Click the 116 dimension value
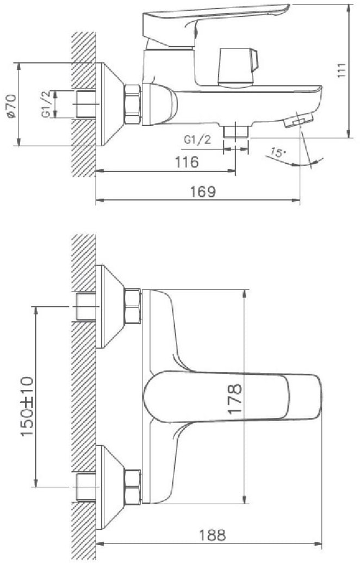click(x=187, y=162)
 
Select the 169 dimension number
click(x=203, y=191)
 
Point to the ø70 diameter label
click(x=11, y=106)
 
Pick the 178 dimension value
click(x=235, y=399)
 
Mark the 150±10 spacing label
click(x=27, y=406)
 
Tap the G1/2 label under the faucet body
click(x=197, y=140)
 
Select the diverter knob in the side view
click(x=239, y=67)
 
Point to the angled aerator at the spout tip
click(x=299, y=120)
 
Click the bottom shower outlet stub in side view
click(x=236, y=131)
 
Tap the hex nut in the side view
click(x=133, y=104)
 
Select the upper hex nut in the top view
click(x=133, y=306)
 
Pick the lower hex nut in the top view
click(x=133, y=487)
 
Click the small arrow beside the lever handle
click(x=196, y=30)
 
